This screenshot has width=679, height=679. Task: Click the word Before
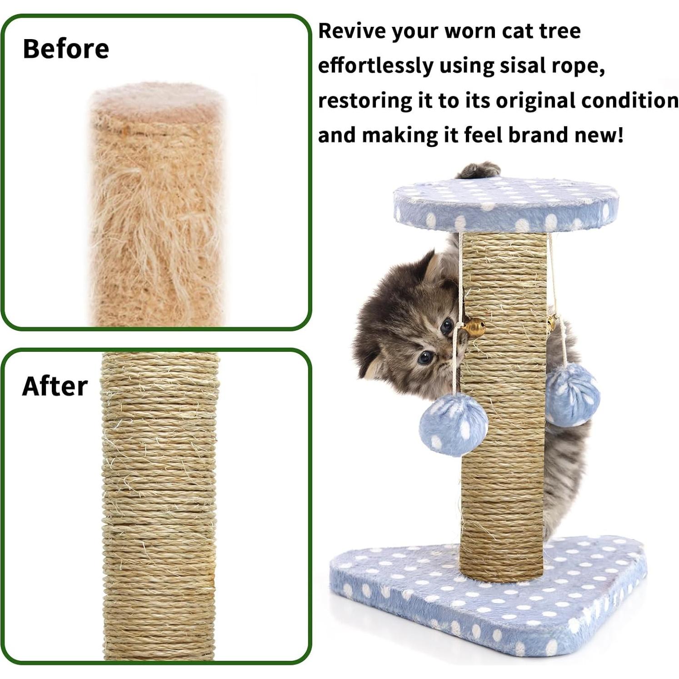[x=66, y=49]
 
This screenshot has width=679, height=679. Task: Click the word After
[x=55, y=386]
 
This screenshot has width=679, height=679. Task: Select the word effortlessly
[x=375, y=65]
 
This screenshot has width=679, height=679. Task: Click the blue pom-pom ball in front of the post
[x=453, y=424]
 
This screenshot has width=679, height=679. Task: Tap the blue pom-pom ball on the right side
[x=572, y=394]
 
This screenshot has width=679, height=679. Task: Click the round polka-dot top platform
[x=505, y=204]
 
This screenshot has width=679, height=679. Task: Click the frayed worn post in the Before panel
[x=157, y=218]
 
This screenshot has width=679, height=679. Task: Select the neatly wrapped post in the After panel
[x=159, y=504]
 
